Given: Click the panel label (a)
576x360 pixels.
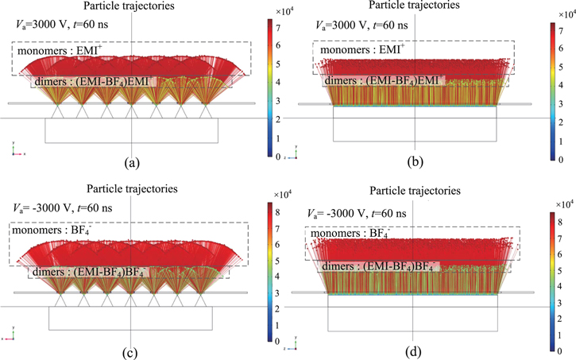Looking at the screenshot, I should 132,165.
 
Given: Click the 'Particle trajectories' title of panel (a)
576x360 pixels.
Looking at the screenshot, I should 132,6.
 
